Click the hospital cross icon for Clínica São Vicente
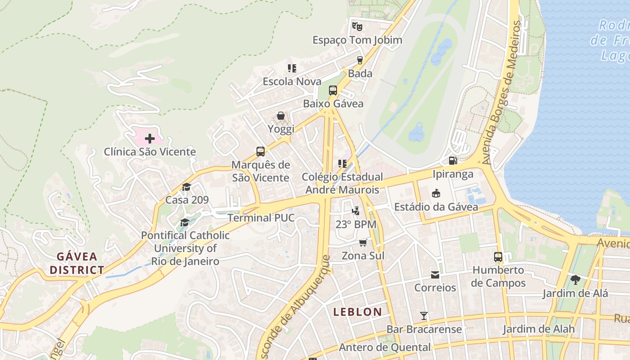(x=150, y=139)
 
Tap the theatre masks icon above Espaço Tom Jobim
(x=357, y=27)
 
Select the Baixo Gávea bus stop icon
(x=333, y=90)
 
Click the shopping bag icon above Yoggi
(x=281, y=116)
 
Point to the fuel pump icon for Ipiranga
(x=453, y=160)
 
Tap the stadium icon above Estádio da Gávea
(x=436, y=193)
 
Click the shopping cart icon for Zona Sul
(x=363, y=243)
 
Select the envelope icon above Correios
(x=435, y=274)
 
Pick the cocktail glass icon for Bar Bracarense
(x=423, y=316)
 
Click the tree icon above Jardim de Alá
(x=575, y=280)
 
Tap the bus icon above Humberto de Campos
(x=498, y=257)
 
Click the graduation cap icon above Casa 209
(x=187, y=187)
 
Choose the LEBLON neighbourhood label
(x=358, y=311)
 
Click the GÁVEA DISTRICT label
(x=77, y=263)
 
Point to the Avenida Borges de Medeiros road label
(x=504, y=92)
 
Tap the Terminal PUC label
(x=261, y=218)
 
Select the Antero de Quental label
(x=385, y=347)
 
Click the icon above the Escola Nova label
(x=292, y=68)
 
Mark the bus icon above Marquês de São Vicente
(x=261, y=151)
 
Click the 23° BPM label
(x=356, y=224)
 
